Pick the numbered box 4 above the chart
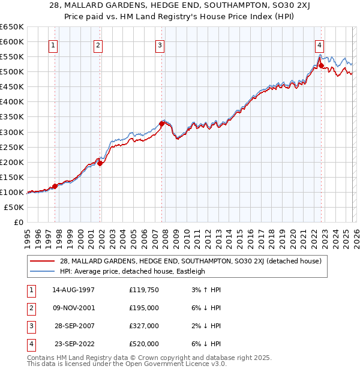click(x=320, y=44)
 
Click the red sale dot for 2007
click(x=162, y=124)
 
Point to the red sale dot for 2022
click(x=321, y=65)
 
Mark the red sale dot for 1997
click(x=55, y=186)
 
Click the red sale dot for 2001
click(x=100, y=163)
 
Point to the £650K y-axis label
click(x=11, y=27)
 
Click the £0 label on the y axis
click(x=19, y=222)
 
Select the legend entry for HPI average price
click(x=133, y=271)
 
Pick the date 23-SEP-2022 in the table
click(x=74, y=344)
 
